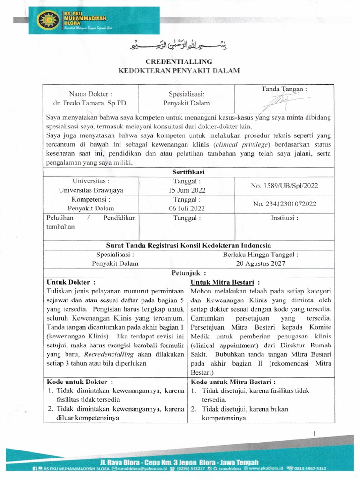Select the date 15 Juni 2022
[187, 190]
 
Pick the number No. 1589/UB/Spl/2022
[284, 185]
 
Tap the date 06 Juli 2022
[187, 208]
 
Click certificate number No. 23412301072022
[284, 203]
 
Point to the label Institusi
[284, 217]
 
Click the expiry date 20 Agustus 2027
[260, 263]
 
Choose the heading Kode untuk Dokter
[78, 382]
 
